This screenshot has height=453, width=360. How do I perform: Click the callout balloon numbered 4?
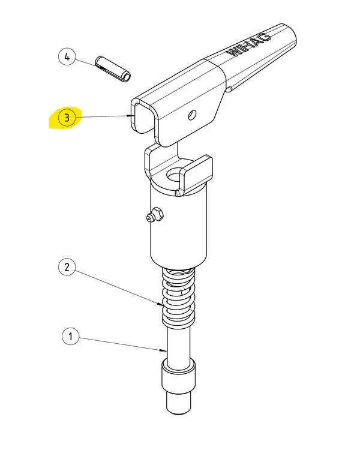67,57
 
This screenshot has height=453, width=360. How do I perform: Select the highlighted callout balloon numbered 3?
67,118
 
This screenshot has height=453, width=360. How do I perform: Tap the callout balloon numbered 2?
67,267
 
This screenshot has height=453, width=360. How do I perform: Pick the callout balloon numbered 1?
70,336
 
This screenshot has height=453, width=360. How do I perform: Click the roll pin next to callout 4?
113,69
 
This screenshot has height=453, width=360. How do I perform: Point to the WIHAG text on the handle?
249,45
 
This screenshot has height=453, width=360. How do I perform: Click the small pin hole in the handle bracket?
192,115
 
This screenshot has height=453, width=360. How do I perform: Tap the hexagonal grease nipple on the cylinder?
155,215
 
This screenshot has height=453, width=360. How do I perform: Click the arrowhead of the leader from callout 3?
133,116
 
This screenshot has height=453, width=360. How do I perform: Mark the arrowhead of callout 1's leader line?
164,350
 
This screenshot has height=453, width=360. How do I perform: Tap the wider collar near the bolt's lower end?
179,374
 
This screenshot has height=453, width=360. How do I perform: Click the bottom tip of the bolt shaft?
179,414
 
